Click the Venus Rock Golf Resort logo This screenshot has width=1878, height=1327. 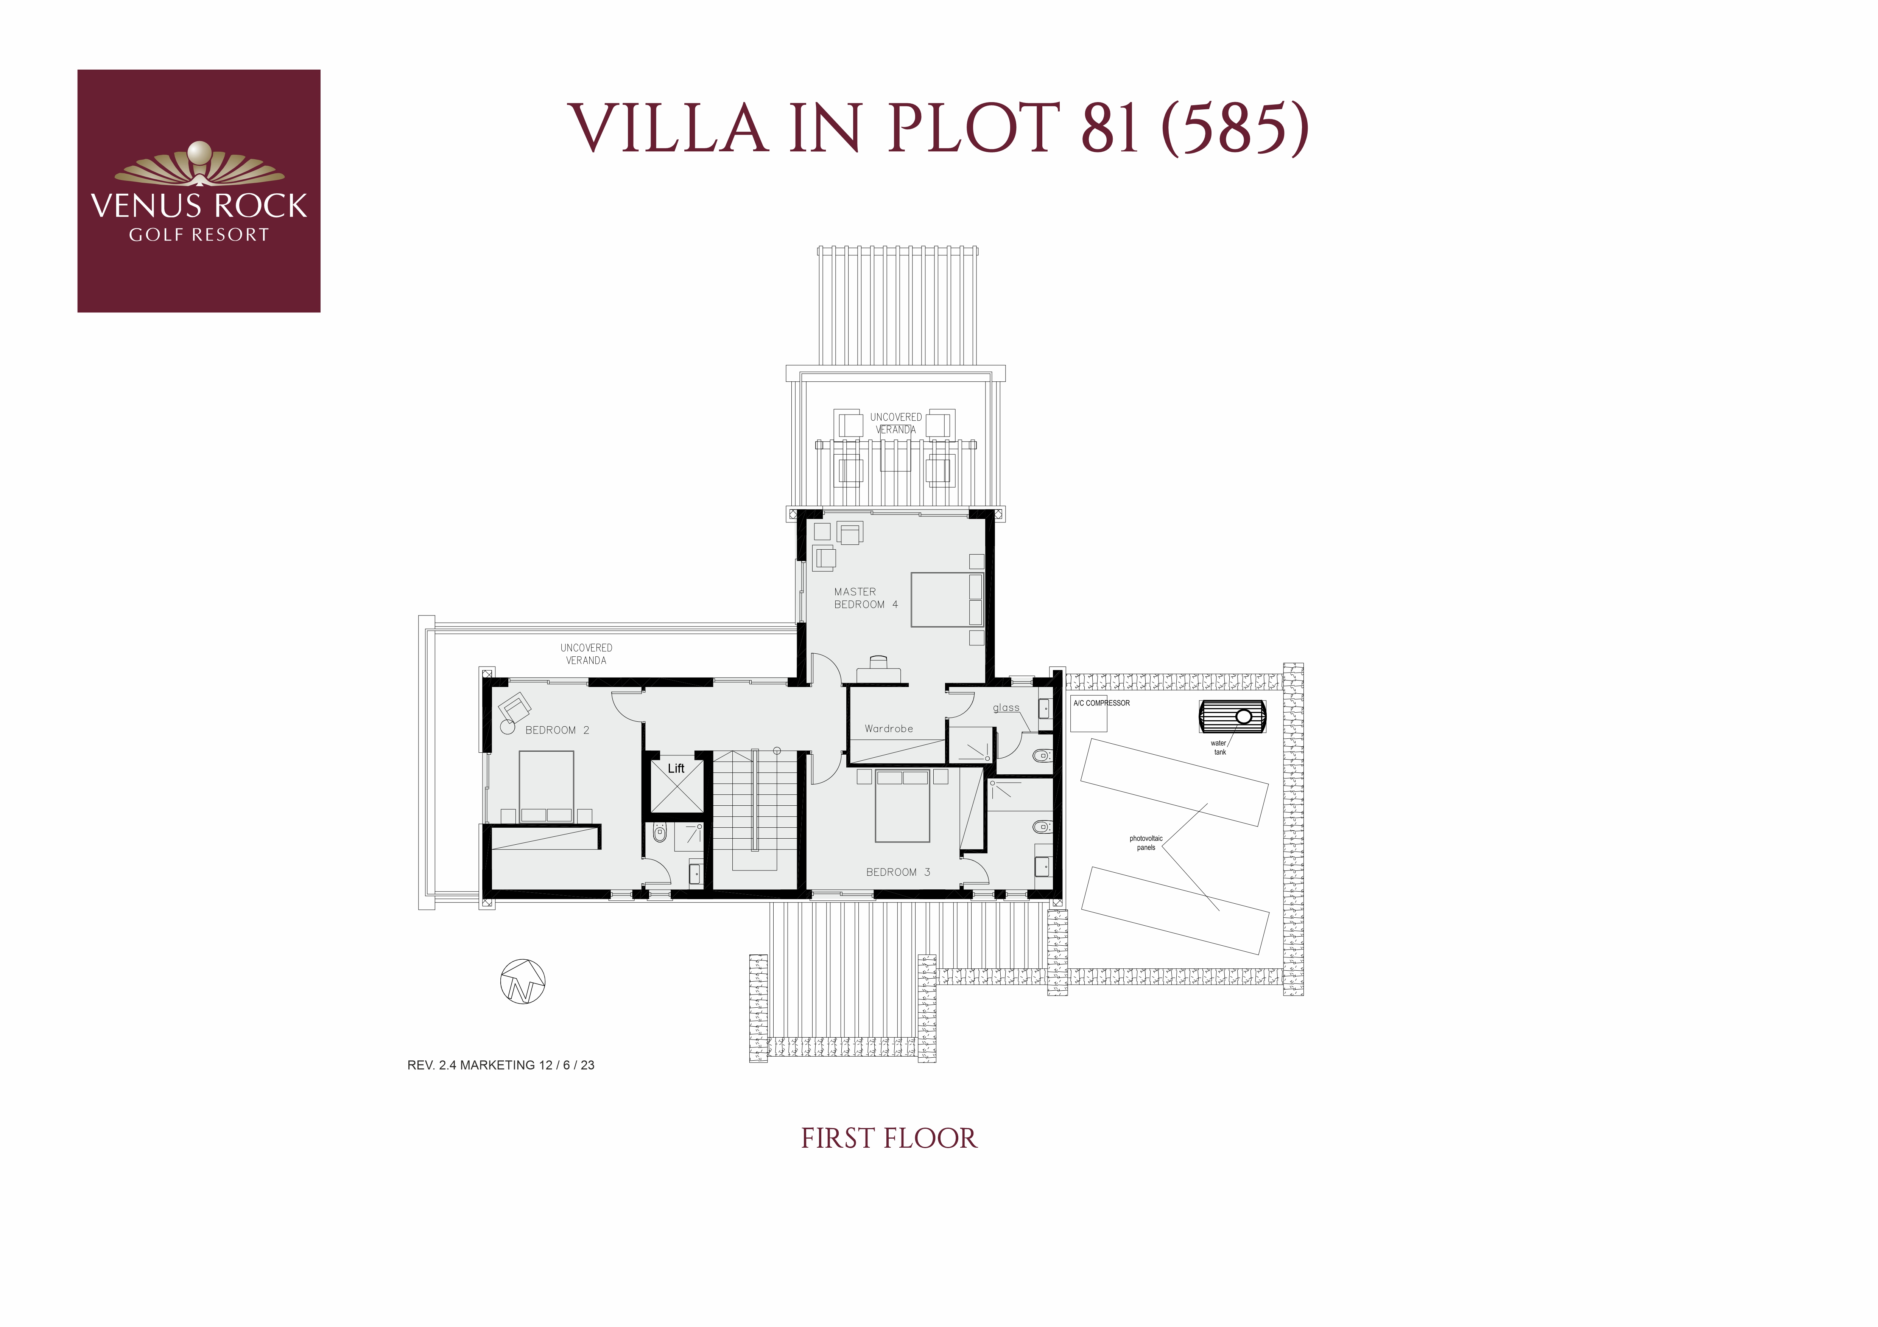(x=199, y=191)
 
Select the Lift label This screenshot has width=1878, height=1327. (x=676, y=769)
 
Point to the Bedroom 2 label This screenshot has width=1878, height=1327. (x=557, y=730)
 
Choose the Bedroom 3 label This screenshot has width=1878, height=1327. (x=898, y=872)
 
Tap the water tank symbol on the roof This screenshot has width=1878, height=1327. (x=1233, y=716)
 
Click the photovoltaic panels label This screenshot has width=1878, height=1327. (x=1146, y=843)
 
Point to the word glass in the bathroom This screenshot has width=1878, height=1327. (x=1006, y=708)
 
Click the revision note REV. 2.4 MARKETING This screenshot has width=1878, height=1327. (x=501, y=1065)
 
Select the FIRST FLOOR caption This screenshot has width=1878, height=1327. (x=889, y=1138)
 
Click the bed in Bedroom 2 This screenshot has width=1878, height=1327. (x=547, y=786)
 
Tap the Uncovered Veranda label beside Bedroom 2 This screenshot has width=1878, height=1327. (x=587, y=654)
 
